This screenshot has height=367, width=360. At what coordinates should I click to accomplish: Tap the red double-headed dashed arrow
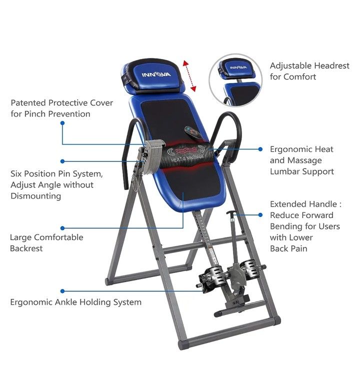coord(189,75)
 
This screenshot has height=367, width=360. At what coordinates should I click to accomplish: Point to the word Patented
coord(28,103)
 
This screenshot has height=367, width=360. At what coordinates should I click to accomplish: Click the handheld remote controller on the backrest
coord(193,132)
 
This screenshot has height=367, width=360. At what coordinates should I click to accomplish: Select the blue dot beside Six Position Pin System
coord(62,161)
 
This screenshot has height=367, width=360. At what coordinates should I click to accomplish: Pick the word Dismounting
coord(36,196)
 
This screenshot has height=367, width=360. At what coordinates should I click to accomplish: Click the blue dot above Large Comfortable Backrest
coord(62,227)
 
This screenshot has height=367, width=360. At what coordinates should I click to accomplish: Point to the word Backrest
coord(26,248)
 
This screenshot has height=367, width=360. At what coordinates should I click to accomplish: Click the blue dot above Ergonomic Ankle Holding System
coord(62,290)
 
